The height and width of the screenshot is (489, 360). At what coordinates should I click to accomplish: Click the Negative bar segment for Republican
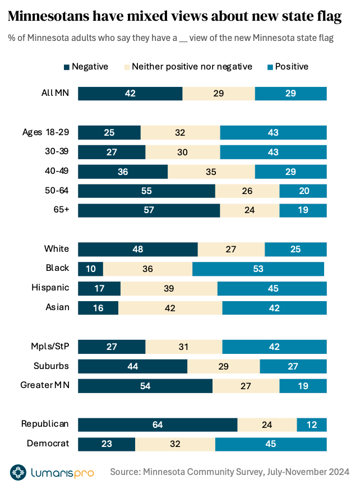[x=158, y=425]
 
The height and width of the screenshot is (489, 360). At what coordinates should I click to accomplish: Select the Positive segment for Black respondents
[x=258, y=269]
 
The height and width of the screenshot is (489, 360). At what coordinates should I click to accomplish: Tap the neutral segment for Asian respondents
[x=170, y=308]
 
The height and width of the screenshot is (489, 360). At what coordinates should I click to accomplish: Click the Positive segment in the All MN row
[x=290, y=94]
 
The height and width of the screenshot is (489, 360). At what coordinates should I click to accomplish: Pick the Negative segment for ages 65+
[x=149, y=210]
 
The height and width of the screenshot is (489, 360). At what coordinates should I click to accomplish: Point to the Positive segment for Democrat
[x=271, y=444]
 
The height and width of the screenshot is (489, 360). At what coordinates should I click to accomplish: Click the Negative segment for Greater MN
[x=145, y=386]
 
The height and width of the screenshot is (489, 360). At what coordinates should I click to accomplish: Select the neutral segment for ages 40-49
[x=211, y=172]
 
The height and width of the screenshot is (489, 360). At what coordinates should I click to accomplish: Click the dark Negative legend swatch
[x=67, y=67]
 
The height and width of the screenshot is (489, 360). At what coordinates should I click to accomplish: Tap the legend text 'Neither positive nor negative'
[x=192, y=67]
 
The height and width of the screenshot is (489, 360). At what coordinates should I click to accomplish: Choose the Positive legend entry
[x=287, y=67]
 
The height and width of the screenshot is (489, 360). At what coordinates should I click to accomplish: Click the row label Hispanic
[x=50, y=288]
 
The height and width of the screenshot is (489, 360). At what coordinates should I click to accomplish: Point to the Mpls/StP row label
[x=50, y=347]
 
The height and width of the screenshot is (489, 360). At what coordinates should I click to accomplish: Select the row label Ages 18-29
[x=45, y=132]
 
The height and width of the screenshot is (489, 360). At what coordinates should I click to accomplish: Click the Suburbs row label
[x=51, y=366]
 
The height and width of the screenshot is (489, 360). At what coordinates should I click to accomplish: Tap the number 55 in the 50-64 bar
[x=146, y=191]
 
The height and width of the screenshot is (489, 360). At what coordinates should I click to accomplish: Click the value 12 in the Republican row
[x=312, y=425]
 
